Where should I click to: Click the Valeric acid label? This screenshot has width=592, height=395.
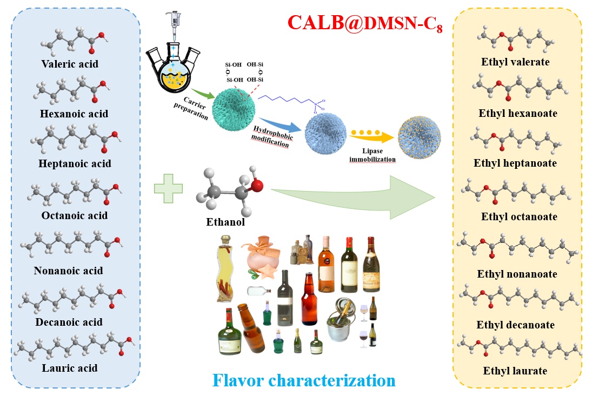coord(70,64)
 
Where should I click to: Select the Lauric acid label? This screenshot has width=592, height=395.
coord(70,368)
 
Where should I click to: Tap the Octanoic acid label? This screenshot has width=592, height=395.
coord(75,216)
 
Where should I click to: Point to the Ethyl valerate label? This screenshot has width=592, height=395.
coord(515,62)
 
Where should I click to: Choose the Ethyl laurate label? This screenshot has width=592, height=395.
coord(515,371)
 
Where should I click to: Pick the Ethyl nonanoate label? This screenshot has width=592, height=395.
coord(517,274)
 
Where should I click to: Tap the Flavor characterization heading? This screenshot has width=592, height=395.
coord(304,380)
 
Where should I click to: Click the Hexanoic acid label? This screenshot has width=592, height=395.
coord(74,114)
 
